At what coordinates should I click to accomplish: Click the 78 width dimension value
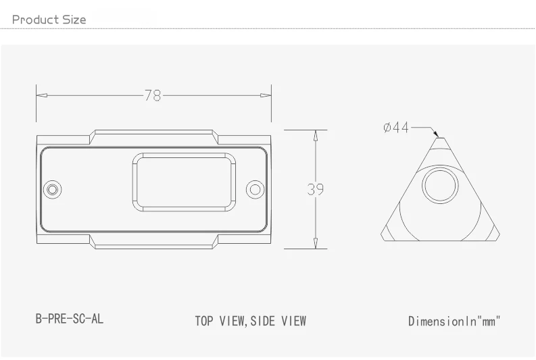153,96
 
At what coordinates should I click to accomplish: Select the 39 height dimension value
315,190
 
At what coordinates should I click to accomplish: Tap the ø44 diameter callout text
396,128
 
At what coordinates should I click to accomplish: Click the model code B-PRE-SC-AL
70,319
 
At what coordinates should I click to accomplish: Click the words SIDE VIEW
278,321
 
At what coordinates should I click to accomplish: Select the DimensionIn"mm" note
454,321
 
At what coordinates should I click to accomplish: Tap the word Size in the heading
75,20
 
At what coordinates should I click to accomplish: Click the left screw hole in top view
52,189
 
